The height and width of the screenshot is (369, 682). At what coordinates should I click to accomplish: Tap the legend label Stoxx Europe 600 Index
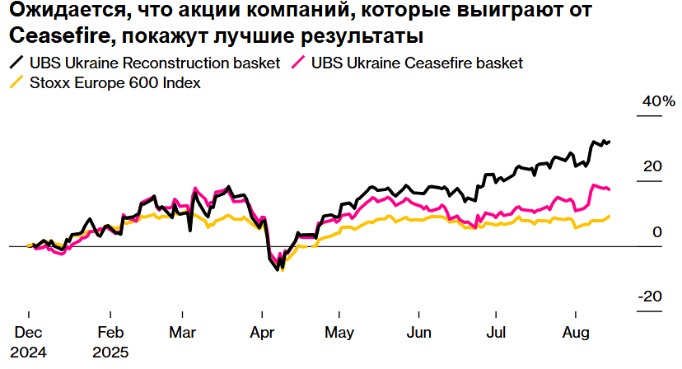tap(115, 82)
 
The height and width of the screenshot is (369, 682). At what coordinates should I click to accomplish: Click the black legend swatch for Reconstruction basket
tap(16, 63)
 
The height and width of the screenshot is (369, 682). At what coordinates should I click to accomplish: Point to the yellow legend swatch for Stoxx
tap(16, 82)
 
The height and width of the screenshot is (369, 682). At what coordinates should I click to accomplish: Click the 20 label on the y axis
tap(653, 166)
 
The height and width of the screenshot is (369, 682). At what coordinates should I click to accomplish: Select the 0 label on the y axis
tap(657, 232)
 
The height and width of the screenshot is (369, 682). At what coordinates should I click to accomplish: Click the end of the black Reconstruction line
tap(609, 142)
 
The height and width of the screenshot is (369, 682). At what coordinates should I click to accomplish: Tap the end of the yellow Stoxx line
tap(609, 217)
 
